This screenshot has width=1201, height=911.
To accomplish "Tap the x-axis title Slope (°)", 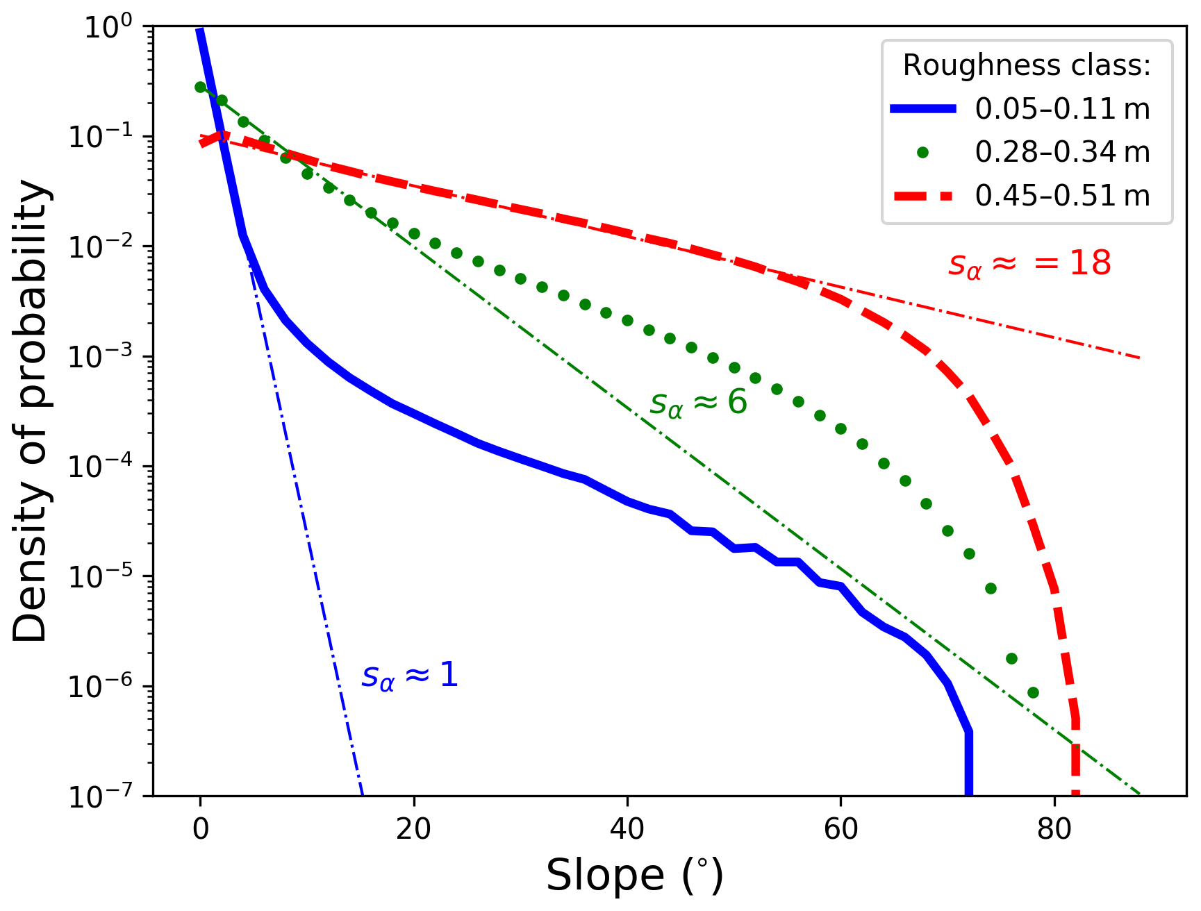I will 634,876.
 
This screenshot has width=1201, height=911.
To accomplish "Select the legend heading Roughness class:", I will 1027,65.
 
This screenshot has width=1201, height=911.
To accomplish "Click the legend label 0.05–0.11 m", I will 1062,109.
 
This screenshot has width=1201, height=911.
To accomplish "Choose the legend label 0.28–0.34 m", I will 1062,152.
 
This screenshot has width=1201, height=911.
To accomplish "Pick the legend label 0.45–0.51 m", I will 1062,196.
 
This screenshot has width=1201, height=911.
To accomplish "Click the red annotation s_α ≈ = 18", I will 1029,265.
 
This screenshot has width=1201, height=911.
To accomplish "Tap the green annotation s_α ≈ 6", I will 698,403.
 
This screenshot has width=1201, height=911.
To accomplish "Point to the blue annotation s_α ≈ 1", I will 410,676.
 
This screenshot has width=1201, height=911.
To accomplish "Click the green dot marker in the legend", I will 922,153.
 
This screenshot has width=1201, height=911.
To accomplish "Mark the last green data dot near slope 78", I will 1033,692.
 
